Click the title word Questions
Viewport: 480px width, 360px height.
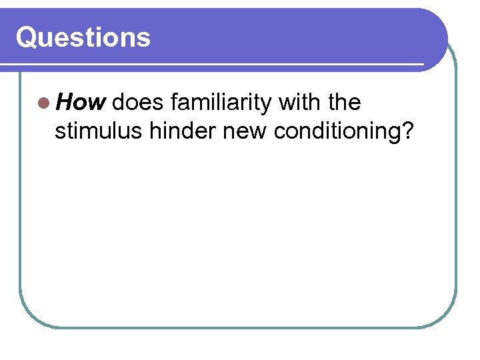point(83,37)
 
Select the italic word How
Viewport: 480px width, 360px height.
point(81,103)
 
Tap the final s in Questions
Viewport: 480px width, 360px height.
point(144,39)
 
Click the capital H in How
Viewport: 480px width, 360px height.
point(65,103)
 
